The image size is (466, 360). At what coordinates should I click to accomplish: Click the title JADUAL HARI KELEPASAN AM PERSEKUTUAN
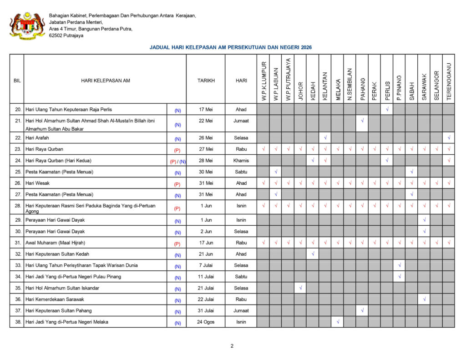pos(230,47)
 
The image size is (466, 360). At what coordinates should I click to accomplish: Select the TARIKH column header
pos(206,81)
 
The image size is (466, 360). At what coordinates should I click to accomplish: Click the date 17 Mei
pos(206,109)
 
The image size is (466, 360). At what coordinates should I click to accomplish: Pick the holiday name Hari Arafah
pos(37,138)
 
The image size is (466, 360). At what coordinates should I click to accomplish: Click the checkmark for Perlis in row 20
pos(387,109)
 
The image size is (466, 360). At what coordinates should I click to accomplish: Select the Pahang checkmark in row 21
pos(362,121)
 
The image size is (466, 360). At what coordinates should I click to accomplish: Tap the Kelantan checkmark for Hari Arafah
pos(325,137)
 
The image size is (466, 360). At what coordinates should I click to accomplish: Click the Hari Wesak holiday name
pos(37,183)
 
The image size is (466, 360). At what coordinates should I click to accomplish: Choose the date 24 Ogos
pos(206,322)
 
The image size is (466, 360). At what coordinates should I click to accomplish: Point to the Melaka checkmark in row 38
pos(338,322)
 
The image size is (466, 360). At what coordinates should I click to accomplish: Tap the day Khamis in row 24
pos(241,161)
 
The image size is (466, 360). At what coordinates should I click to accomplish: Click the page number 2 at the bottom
pos(232,346)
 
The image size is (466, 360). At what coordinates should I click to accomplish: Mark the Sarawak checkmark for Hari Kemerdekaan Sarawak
pos(424,299)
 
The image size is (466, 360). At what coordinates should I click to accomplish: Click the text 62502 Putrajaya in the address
pos(66,35)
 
